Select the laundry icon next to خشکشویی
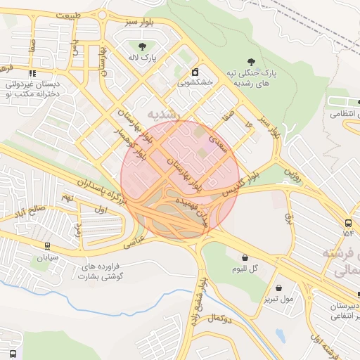pos(195,72)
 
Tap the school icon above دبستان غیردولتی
pos(32,73)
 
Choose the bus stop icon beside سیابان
pos(46,246)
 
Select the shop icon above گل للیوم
pos(244,258)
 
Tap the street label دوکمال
pos(220,319)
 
